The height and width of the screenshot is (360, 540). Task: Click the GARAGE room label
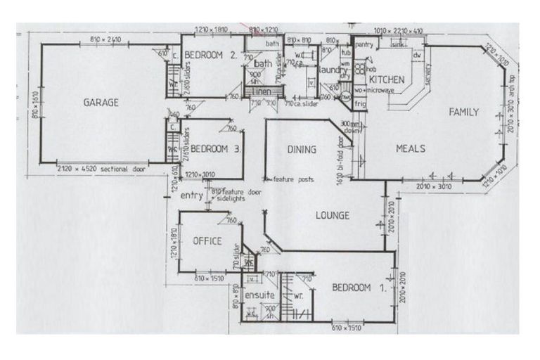101,102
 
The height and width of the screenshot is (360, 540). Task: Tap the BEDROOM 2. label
208,55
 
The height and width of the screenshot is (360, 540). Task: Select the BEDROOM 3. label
217,148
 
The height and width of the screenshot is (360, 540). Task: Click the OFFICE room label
207,241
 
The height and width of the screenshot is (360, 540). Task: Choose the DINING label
302,149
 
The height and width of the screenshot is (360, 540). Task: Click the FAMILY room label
464,112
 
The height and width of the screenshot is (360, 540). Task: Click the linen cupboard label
262,92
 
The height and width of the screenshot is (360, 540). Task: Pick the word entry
191,196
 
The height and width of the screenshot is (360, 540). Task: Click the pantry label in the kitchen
364,44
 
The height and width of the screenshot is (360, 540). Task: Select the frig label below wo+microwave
361,103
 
